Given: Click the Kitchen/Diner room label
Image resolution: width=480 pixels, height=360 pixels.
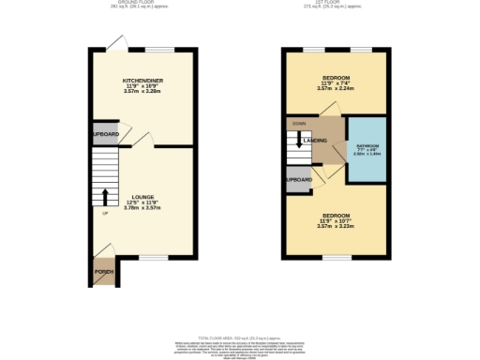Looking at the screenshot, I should point(143,82).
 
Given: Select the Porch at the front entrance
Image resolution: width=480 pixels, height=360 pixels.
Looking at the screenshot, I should point(104,272).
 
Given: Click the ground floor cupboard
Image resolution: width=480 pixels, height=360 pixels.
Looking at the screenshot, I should point(105,134).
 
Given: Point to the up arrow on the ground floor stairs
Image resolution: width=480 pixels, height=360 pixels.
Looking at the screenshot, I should point(105,196).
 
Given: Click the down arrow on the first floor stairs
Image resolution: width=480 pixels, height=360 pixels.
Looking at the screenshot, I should point(299,143).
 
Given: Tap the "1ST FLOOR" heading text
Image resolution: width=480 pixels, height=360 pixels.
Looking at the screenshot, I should point(335,4).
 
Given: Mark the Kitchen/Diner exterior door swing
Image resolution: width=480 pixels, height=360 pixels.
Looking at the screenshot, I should point(114,41).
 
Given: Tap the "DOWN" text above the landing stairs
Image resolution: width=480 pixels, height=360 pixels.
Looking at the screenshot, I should point(299,122).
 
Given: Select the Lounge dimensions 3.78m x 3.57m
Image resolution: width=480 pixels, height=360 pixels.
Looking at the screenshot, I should point(143,207).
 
